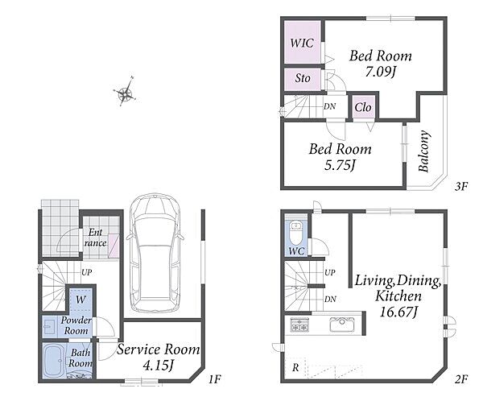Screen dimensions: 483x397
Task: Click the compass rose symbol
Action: click(125, 92)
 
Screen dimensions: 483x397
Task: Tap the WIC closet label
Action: click(302, 43)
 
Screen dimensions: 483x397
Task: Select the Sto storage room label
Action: click(303, 78)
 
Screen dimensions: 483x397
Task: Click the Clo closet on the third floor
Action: click(363, 108)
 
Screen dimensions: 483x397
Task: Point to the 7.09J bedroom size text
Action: click(380, 72)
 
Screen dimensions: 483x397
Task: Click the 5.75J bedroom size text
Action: click(340, 166)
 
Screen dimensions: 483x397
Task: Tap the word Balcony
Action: click(423, 151)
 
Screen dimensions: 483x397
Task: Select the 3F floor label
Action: click(461, 187)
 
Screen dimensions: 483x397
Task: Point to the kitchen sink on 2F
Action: click(342, 325)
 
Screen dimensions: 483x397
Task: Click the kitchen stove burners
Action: click(299, 325)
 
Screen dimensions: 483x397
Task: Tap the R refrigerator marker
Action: click(295, 367)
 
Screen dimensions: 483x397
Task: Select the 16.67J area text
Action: click(398, 312)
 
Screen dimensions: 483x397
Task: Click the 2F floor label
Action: click(461, 378)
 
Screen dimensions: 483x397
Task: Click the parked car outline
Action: click(155, 252)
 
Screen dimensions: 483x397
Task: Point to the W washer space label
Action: click(80, 300)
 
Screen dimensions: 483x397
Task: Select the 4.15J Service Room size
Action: click(159, 366)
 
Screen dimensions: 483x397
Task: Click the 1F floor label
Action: click(214, 378)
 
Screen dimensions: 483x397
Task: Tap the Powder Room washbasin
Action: click(49, 327)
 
